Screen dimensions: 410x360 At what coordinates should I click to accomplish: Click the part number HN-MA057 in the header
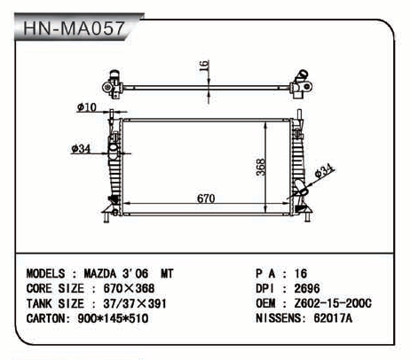click(x=74, y=28)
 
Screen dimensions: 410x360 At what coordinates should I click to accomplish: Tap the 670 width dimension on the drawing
click(x=206, y=199)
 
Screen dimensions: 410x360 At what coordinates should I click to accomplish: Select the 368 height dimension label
click(x=261, y=168)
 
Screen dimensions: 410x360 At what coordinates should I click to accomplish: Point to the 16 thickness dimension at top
click(x=204, y=66)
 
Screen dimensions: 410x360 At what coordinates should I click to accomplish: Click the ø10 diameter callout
click(x=87, y=107)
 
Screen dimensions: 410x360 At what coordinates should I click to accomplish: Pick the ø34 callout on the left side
click(x=81, y=149)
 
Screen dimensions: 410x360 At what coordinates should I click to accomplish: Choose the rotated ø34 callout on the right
click(x=324, y=170)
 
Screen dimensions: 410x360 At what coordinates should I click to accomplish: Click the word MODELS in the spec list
click(x=45, y=274)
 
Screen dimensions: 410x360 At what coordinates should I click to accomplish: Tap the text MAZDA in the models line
click(x=100, y=274)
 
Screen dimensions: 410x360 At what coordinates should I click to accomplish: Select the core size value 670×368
click(x=129, y=288)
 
